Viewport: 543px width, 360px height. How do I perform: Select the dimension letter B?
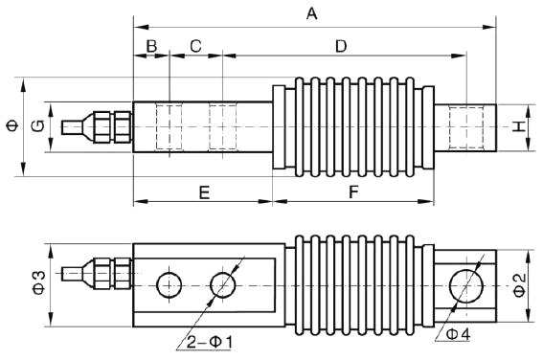click(x=150, y=46)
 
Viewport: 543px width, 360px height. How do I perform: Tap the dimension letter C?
click(x=195, y=46)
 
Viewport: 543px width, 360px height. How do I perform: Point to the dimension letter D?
click(x=341, y=46)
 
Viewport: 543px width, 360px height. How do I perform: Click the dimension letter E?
click(x=203, y=192)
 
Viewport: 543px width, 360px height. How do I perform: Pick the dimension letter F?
click(x=353, y=192)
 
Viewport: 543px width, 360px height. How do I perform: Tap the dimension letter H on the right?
click(x=518, y=126)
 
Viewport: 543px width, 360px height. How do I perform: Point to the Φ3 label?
click(x=38, y=282)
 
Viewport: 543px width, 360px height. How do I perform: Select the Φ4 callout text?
click(x=458, y=334)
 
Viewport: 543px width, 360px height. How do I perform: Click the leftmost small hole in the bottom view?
click(x=170, y=283)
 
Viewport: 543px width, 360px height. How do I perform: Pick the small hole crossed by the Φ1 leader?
click(x=223, y=283)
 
